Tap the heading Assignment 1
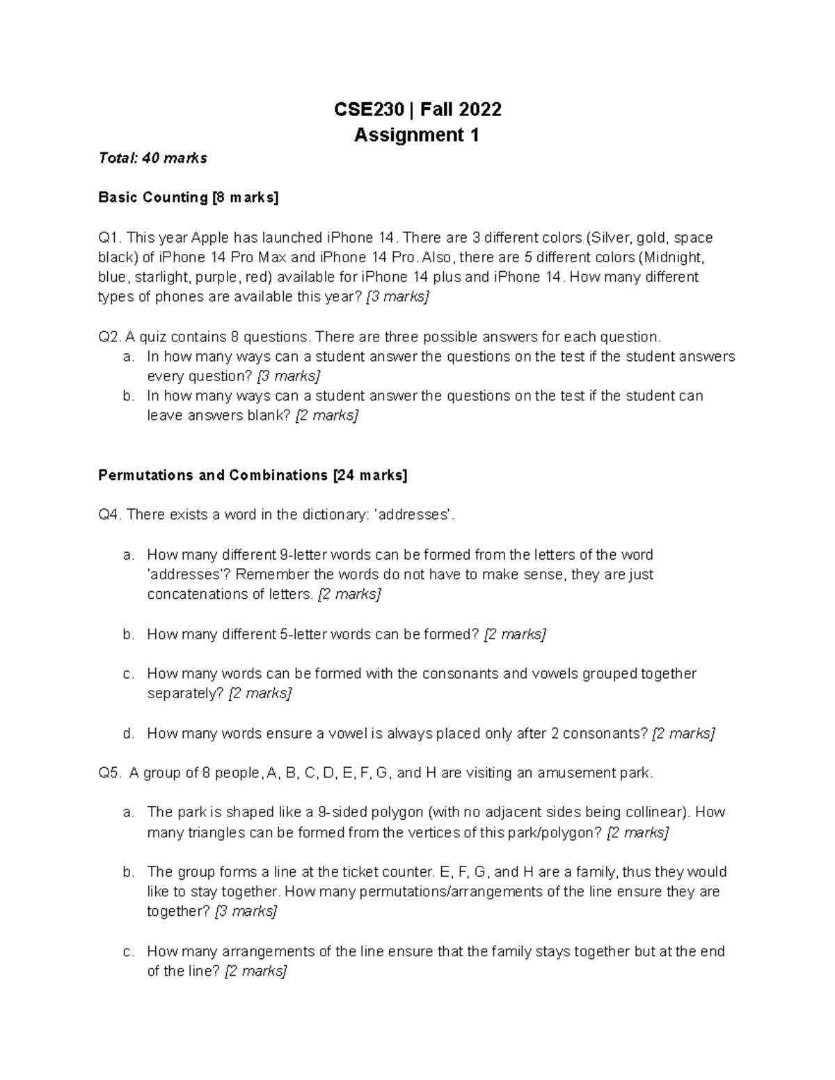click(416, 135)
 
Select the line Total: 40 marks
click(152, 159)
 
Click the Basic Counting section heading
click(188, 198)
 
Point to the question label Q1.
click(110, 238)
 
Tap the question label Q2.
click(110, 337)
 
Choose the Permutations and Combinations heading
click(253, 476)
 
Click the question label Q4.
click(110, 515)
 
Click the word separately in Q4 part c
click(185, 693)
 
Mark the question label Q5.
click(110, 773)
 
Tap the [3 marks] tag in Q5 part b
click(246, 912)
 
